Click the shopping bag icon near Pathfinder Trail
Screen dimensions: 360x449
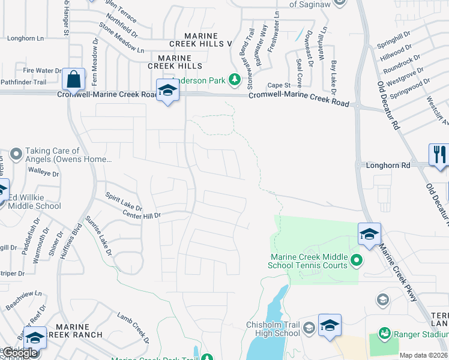click(x=73, y=79)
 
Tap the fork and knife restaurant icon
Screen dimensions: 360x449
click(x=439, y=154)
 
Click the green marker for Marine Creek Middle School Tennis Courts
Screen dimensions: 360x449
click(x=357, y=260)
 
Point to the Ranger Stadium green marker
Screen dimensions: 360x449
click(x=384, y=332)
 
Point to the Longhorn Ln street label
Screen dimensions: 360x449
click(x=25, y=38)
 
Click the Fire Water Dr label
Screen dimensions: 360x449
click(x=41, y=70)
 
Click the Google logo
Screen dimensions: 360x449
click(x=20, y=353)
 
